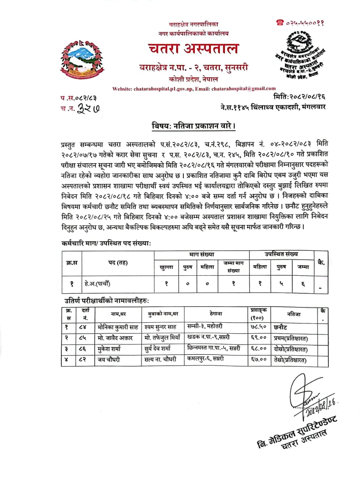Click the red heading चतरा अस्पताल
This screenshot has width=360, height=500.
193,49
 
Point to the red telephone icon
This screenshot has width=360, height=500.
279,23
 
